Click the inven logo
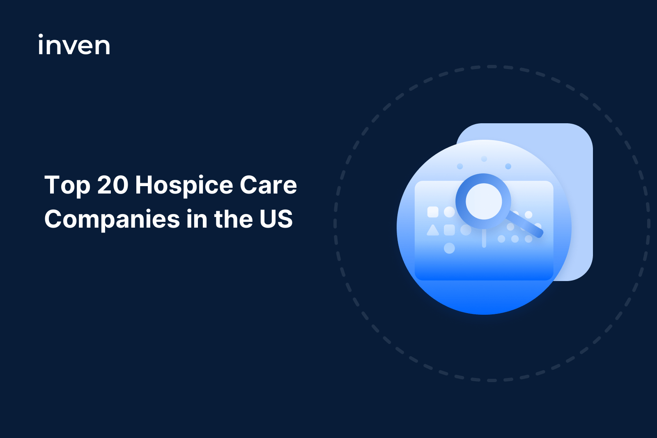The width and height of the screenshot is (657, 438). tap(74, 45)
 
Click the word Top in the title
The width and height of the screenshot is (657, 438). tap(67, 186)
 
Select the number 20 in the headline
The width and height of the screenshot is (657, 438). tap(113, 185)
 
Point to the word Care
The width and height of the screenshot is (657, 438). tap(268, 185)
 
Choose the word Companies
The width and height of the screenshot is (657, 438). tap(112, 219)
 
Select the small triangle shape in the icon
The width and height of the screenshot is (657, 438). tap(433, 230)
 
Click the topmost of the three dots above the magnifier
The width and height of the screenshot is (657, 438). tap(484, 159)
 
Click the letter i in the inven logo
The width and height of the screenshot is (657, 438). tap(41, 45)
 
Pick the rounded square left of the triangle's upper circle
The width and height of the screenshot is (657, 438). tap(433, 212)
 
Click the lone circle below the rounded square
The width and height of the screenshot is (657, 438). tap(449, 248)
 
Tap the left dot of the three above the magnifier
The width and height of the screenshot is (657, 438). tap(460, 166)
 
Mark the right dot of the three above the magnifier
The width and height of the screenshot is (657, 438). tap(508, 166)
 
